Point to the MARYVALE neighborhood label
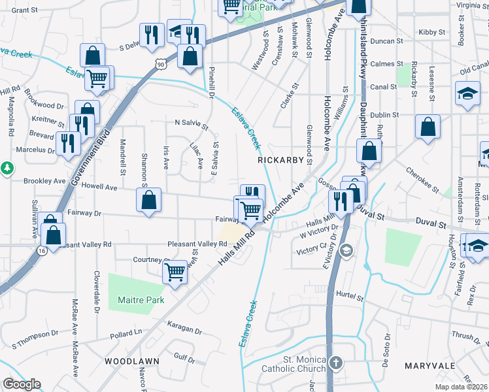(x=426, y=366)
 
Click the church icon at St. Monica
(x=335, y=362)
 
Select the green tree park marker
(x=8, y=168)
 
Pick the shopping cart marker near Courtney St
(x=175, y=272)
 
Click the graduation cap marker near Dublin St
(x=467, y=93)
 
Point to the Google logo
(x=22, y=385)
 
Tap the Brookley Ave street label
(x=44, y=181)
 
